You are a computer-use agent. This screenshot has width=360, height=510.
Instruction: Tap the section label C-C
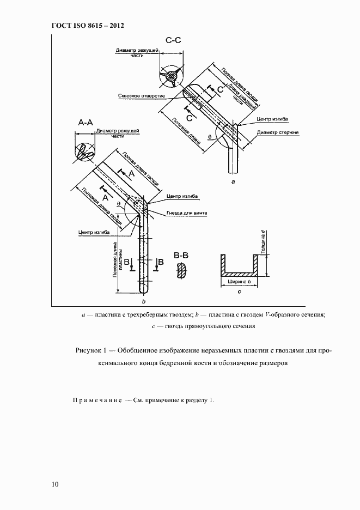174,40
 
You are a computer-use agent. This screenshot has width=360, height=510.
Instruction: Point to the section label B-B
181,254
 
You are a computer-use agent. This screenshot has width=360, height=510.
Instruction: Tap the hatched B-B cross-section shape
181,271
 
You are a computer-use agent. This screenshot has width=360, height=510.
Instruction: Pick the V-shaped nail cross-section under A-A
84,151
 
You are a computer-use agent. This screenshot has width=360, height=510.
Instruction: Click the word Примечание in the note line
96,400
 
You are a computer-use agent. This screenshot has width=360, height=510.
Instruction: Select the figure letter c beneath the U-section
240,292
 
